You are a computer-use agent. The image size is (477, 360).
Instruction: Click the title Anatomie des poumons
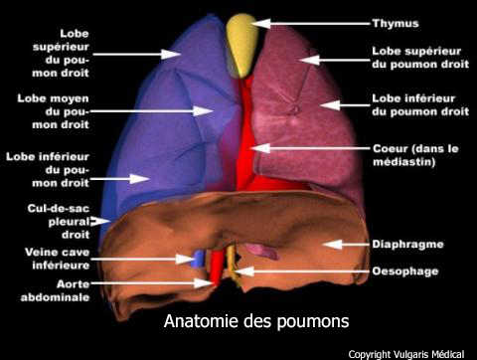pos(256,322)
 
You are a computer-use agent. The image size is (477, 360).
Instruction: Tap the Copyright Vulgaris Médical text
pos(410,352)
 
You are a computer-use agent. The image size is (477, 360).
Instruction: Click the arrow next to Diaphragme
pos(337,243)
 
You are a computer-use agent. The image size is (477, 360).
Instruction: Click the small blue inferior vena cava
pos(198,260)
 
